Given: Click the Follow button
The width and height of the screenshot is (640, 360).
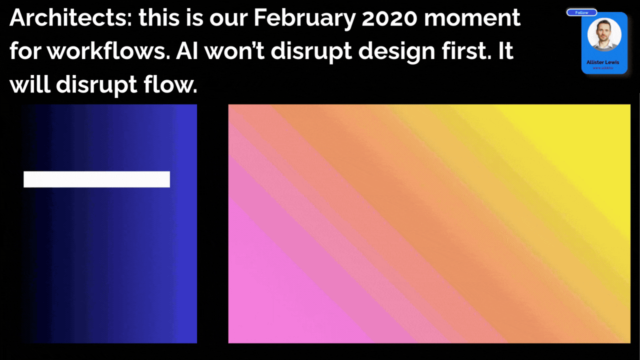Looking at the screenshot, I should (581, 12).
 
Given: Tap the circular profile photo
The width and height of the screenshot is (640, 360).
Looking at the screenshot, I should (604, 35).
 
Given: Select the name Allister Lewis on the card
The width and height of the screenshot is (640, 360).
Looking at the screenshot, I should (602, 62).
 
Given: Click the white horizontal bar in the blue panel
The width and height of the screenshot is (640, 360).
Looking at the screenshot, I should (96, 179).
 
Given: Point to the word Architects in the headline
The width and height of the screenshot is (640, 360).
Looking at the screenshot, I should (69, 19).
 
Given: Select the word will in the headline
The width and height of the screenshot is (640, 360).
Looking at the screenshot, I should (29, 85).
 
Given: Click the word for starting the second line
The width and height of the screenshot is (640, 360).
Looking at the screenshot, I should (25, 52).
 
